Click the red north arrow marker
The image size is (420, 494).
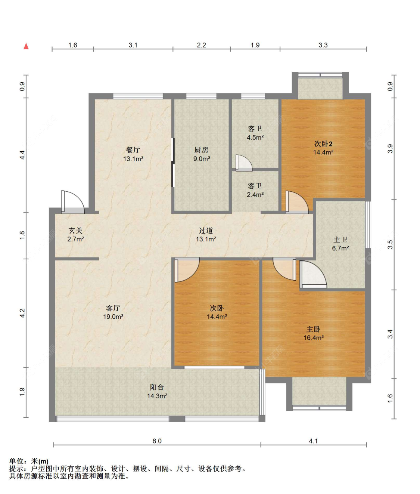coord(26,46)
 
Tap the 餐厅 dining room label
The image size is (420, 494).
coord(133,150)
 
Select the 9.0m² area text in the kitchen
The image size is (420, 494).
coord(202,159)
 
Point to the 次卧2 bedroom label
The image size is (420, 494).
coord(323,143)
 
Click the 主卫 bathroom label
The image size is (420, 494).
coord(340,240)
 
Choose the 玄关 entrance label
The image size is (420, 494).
coord(75,231)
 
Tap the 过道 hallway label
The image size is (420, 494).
coord(206,231)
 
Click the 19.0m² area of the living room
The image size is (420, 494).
coord(113,317)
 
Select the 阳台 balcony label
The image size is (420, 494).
coord(157,387)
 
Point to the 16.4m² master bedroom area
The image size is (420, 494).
coord(314,338)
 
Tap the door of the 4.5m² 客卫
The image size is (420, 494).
coord(244,163)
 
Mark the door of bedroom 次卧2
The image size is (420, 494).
coord(297,202)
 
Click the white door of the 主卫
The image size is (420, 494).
coord(313,274)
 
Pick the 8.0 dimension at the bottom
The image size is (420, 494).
coord(157,441)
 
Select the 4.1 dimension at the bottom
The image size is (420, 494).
coord(313,441)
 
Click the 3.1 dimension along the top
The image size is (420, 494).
coord(133,45)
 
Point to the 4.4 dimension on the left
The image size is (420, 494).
coord(22,155)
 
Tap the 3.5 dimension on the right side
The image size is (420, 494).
coord(390,244)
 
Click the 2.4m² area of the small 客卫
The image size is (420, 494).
coord(255,195)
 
